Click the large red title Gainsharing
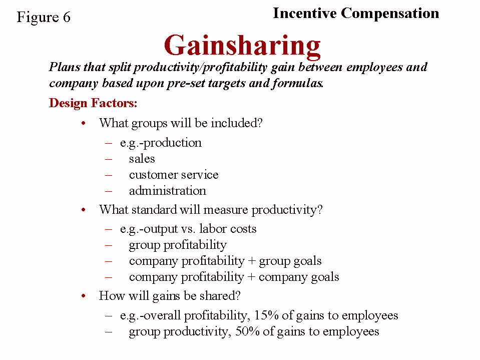coord(242,46)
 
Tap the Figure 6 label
coord(44,17)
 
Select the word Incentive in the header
coord(305,13)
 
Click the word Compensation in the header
coord(390,14)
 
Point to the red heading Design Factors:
coord(93,103)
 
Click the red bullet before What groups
coord(83,123)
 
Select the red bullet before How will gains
coord(83,296)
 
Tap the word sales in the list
coord(142,159)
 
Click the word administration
coord(168,190)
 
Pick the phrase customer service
coord(174,174)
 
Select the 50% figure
coord(247,331)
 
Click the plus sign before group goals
coord(252,261)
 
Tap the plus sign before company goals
coord(251,277)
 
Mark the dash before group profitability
coord(109,245)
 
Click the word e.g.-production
coord(161,143)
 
